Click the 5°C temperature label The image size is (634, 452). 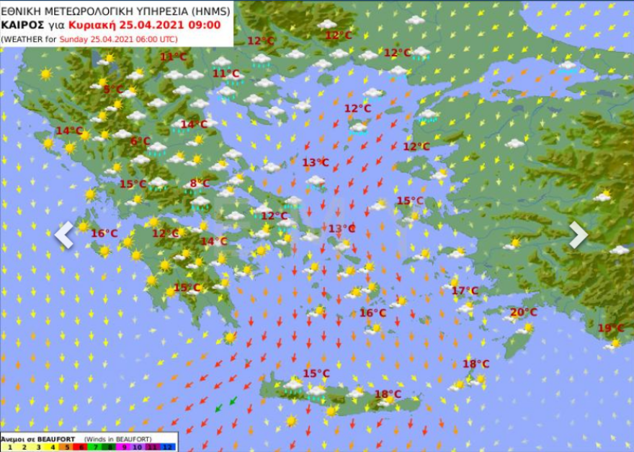tap(113, 89)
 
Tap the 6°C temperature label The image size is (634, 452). tap(140, 141)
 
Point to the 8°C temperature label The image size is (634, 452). tap(200, 183)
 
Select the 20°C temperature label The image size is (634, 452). tap(524, 312)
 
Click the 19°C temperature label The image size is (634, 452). tap(611, 328)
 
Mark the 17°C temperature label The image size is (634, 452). tap(465, 291)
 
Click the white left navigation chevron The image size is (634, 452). tap(64, 234)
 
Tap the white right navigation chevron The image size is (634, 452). tap(578, 234)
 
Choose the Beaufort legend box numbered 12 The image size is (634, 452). tap(169, 447)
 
